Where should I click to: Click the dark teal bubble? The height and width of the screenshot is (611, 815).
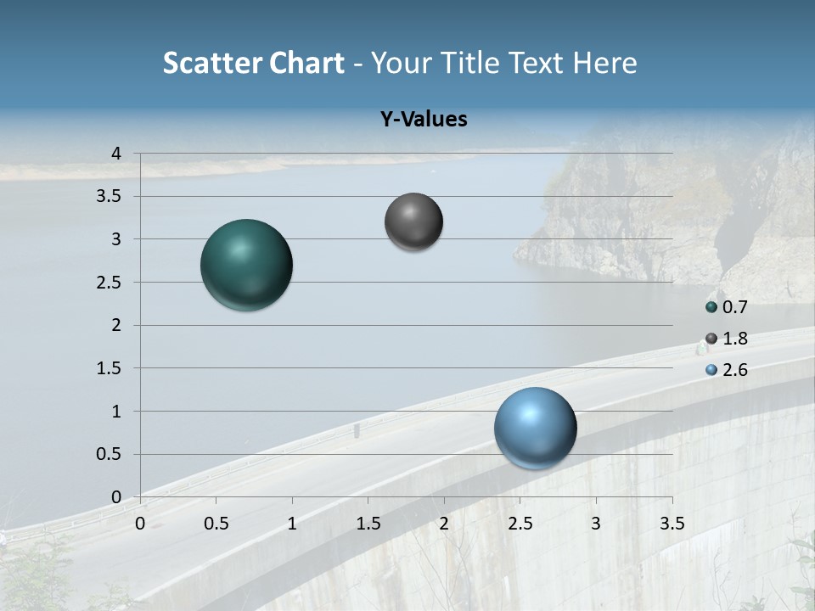(246, 265)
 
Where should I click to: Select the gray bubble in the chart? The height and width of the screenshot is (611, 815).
(413, 221)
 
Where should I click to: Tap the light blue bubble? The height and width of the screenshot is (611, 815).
(535, 428)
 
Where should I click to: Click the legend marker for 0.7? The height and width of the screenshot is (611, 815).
(711, 307)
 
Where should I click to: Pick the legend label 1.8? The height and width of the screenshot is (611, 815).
(734, 339)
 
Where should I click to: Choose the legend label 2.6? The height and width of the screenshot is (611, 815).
(734, 370)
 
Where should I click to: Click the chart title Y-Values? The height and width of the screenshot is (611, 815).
(424, 120)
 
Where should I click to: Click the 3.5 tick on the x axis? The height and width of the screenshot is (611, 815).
(672, 524)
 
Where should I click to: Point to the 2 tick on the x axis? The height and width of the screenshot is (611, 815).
(444, 524)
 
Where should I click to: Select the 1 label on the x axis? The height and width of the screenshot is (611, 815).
(292, 524)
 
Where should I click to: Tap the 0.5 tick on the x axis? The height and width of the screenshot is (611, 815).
(216, 524)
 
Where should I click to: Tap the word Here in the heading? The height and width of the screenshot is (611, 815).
(605, 64)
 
